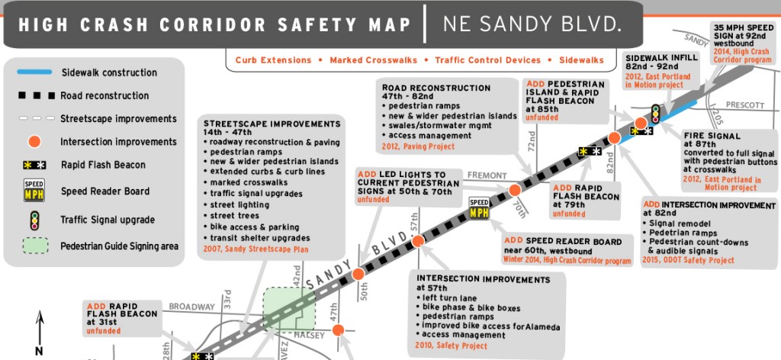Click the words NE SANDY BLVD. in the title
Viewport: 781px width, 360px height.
pyautogui.click(x=532, y=24)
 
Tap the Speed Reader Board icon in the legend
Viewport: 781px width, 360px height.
pyautogui.click(x=33, y=191)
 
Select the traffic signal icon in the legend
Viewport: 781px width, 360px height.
pyautogui.click(x=33, y=220)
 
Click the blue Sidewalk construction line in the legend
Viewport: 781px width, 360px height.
pyautogui.click(x=33, y=72)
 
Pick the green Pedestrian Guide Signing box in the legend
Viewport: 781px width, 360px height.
pyautogui.click(x=33, y=246)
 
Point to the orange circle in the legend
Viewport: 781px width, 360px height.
pyautogui.click(x=33, y=141)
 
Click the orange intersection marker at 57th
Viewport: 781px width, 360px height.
pyautogui.click(x=418, y=241)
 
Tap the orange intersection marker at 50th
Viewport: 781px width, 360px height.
pyautogui.click(x=358, y=274)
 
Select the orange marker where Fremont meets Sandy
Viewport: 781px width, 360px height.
pyautogui.click(x=515, y=189)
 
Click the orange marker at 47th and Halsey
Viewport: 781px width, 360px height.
pyautogui.click(x=340, y=330)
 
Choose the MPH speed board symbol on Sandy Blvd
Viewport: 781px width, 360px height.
pyautogui.click(x=479, y=208)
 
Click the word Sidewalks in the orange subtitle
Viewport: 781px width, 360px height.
pyautogui.click(x=581, y=59)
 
